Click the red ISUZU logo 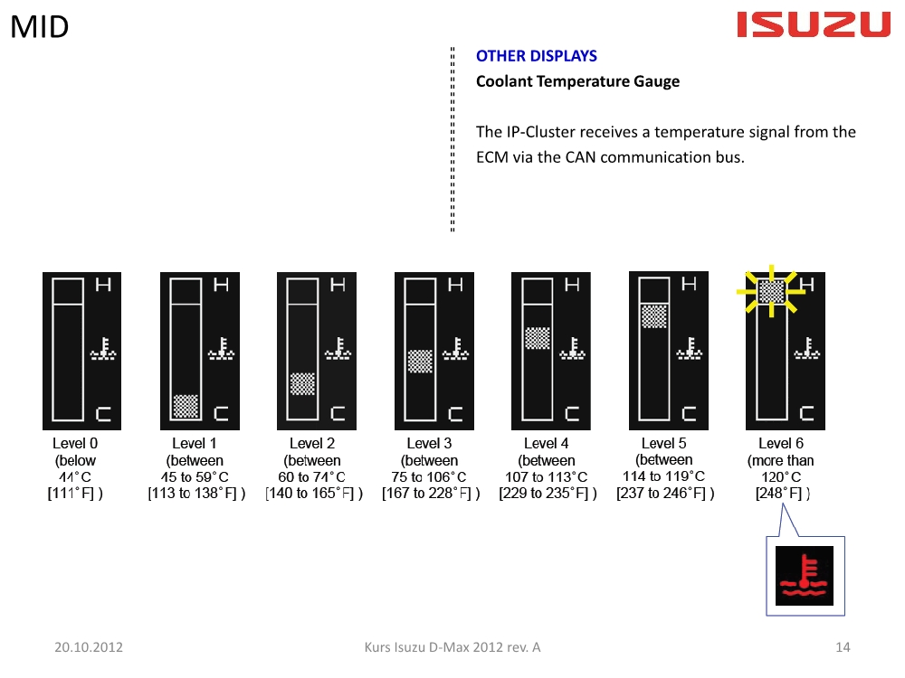(814, 24)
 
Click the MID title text (39, 26)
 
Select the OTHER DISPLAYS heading (536, 56)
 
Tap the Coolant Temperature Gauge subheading (577, 81)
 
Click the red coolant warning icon (804, 575)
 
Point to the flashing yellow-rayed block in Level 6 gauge (771, 292)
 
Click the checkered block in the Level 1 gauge (186, 406)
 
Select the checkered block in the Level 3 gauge (420, 362)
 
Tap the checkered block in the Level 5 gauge (654, 315)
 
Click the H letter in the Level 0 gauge (103, 284)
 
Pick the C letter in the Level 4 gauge (572, 413)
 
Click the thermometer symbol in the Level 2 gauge (338, 349)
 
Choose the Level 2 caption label (312, 443)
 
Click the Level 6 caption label (781, 443)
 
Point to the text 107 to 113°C (546, 476)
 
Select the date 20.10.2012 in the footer (89, 647)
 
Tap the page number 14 (843, 647)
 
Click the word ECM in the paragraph (492, 157)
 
